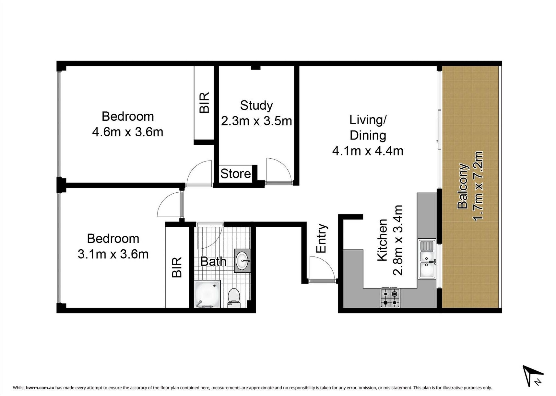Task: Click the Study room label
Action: [x=256, y=106]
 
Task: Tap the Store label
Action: [x=235, y=174]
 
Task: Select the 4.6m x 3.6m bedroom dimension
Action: [x=127, y=132]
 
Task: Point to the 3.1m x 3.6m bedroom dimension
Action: [x=113, y=254]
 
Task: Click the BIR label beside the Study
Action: [x=204, y=103]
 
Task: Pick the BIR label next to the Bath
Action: [x=177, y=267]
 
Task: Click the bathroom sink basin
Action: [x=243, y=260]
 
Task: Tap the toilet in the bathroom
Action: [x=234, y=298]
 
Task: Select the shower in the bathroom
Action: [x=207, y=294]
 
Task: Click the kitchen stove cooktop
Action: [x=390, y=297]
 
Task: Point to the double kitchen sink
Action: [x=427, y=259]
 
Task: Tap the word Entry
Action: [x=321, y=238]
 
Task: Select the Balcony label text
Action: [x=463, y=186]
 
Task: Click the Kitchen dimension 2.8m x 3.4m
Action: [x=397, y=240]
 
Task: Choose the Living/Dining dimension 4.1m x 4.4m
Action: [x=368, y=151]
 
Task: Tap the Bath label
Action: [x=213, y=262]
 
